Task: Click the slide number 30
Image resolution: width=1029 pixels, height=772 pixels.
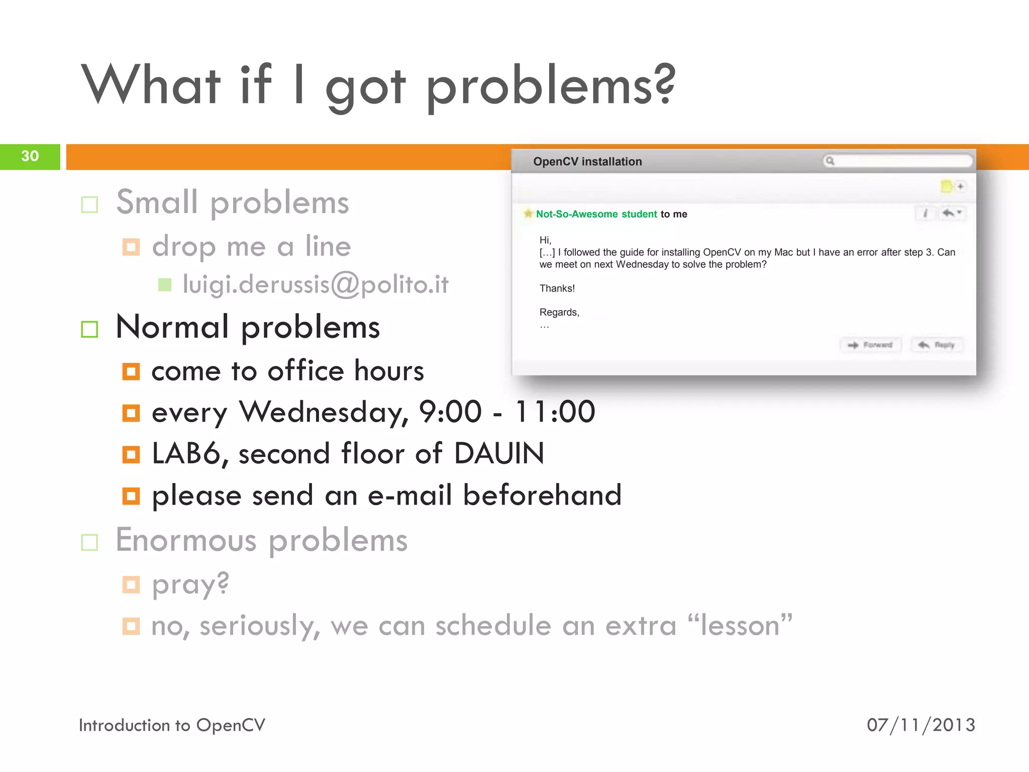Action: [30, 156]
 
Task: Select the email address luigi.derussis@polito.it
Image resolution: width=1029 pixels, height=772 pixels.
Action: [315, 284]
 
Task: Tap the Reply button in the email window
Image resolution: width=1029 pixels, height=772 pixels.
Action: [937, 345]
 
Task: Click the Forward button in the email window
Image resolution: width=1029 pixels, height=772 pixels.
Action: [871, 345]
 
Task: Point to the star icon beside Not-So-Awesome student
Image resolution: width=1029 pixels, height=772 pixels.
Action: [528, 214]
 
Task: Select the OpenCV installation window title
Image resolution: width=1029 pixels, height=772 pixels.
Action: [587, 161]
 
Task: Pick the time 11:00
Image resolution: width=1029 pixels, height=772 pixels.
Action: [555, 412]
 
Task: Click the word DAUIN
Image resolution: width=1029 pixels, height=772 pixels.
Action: [499, 453]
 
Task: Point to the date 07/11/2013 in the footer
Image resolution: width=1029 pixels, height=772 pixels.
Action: [920, 725]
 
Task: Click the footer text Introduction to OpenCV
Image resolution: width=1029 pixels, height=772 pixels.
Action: [172, 725]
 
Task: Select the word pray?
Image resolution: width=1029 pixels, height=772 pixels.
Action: [190, 585]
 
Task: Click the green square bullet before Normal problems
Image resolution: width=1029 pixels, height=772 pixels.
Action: [89, 330]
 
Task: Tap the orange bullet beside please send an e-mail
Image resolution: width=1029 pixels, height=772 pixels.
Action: [131, 496]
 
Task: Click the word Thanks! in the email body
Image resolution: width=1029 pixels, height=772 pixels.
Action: [557, 288]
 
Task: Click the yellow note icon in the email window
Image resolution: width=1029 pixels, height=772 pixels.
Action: [946, 186]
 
